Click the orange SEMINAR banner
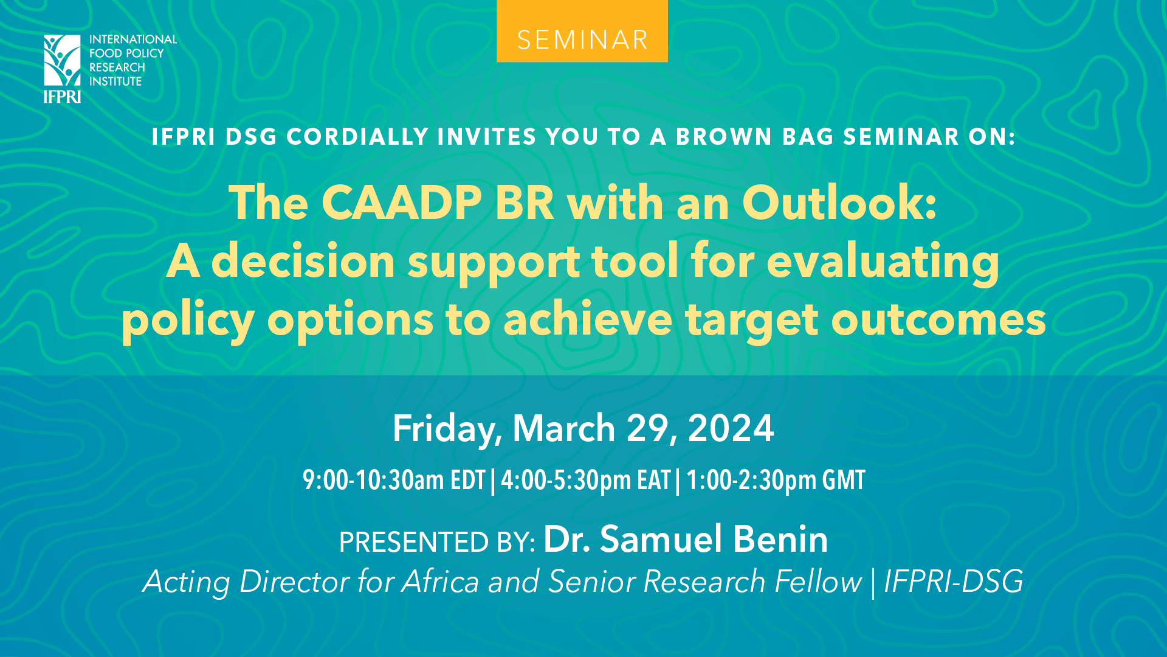582,32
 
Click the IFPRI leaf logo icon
62,60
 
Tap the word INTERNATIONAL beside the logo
133,40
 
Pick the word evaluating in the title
883,262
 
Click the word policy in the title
188,321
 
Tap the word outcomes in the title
938,321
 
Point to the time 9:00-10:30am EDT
394,481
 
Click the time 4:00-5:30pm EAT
585,481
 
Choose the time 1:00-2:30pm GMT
776,481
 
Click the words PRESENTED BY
436,542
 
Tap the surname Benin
780,539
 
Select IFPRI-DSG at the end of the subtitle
953,582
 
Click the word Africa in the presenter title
441,582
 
